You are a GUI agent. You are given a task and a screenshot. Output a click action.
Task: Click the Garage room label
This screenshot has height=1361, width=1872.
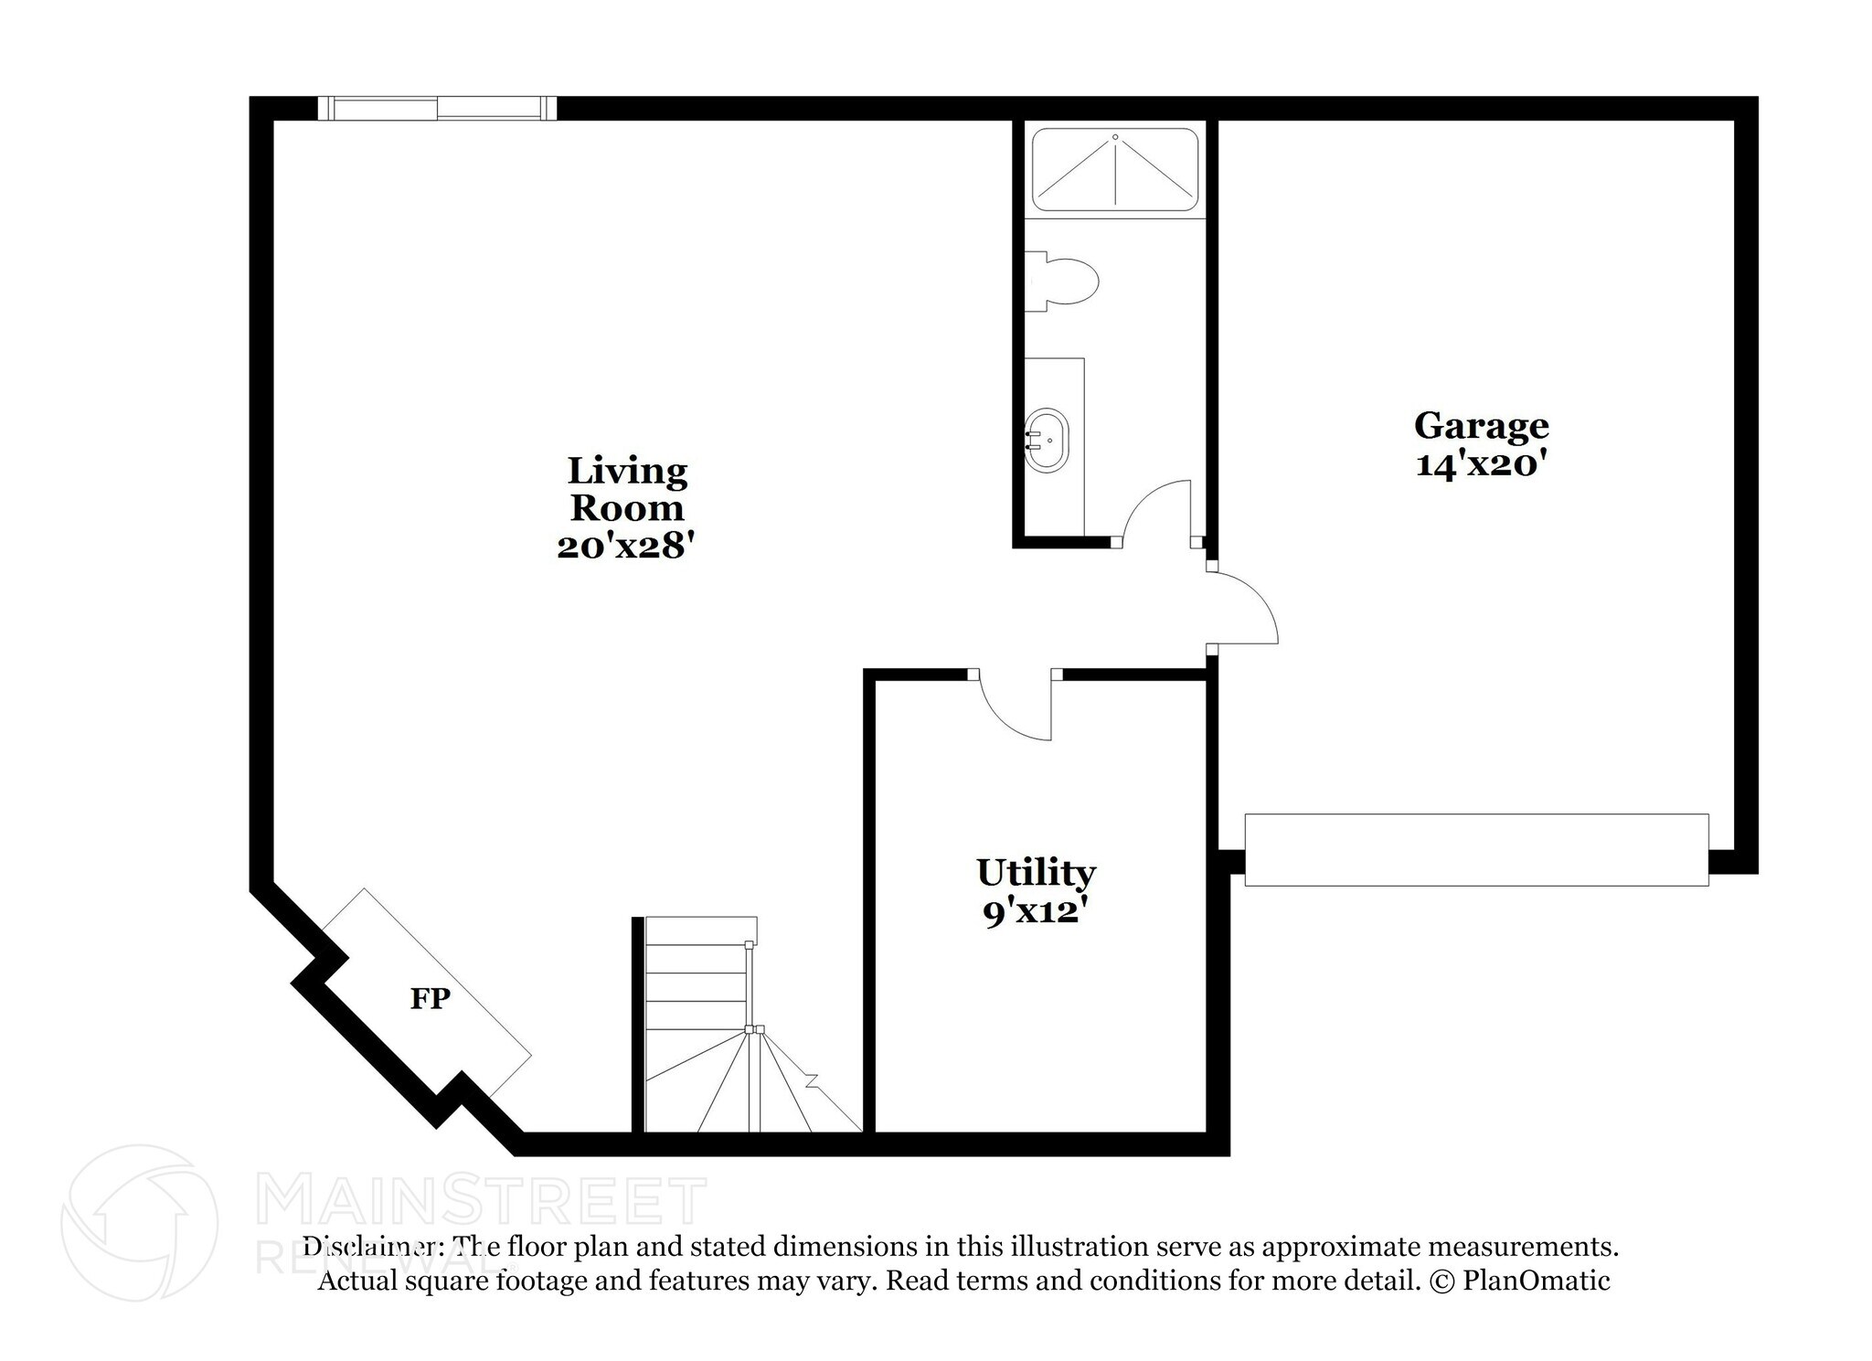(x=1481, y=426)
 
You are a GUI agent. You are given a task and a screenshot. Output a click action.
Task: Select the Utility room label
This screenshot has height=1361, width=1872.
(x=1036, y=873)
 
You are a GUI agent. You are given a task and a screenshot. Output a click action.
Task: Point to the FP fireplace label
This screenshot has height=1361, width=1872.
(x=430, y=999)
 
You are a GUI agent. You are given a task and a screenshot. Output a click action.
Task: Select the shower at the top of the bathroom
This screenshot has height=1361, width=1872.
(x=1114, y=170)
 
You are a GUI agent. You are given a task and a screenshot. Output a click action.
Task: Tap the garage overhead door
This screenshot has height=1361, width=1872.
(x=1476, y=850)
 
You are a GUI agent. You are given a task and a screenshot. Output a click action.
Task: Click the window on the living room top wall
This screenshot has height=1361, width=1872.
(x=437, y=109)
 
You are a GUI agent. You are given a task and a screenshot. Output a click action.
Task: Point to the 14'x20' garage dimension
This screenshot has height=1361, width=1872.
(x=1481, y=465)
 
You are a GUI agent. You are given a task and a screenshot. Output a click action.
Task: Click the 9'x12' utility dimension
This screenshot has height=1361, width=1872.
(x=1036, y=912)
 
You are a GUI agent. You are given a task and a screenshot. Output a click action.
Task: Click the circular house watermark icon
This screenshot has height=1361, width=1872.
(x=140, y=1222)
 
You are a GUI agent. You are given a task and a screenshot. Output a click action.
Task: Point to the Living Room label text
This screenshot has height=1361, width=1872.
(x=627, y=490)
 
